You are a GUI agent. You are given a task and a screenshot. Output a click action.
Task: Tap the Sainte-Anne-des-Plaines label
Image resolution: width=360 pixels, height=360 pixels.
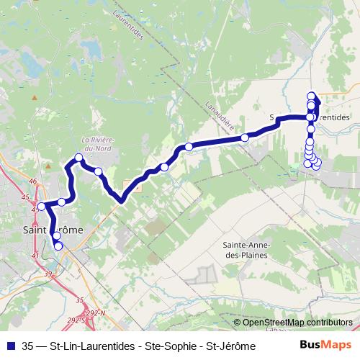(243, 250)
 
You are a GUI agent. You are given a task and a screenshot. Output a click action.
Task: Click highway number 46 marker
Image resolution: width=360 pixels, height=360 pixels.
(32, 181)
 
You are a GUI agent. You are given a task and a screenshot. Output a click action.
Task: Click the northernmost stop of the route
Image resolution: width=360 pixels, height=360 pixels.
(311, 96)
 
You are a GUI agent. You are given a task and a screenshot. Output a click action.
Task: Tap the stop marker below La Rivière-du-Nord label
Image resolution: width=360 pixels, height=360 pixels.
(78, 158)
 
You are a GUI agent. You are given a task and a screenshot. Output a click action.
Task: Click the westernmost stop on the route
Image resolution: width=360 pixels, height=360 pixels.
(41, 207)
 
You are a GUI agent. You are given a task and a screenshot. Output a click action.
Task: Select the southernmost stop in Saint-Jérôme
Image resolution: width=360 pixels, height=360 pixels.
(58, 246)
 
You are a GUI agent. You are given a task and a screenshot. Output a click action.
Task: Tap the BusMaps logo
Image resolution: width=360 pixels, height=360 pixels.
(326, 345)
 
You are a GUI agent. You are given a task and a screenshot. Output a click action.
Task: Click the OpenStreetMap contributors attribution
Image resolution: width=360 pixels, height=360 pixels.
(297, 323)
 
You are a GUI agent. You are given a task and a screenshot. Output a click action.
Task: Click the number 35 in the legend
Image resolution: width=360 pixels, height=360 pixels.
(28, 346)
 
